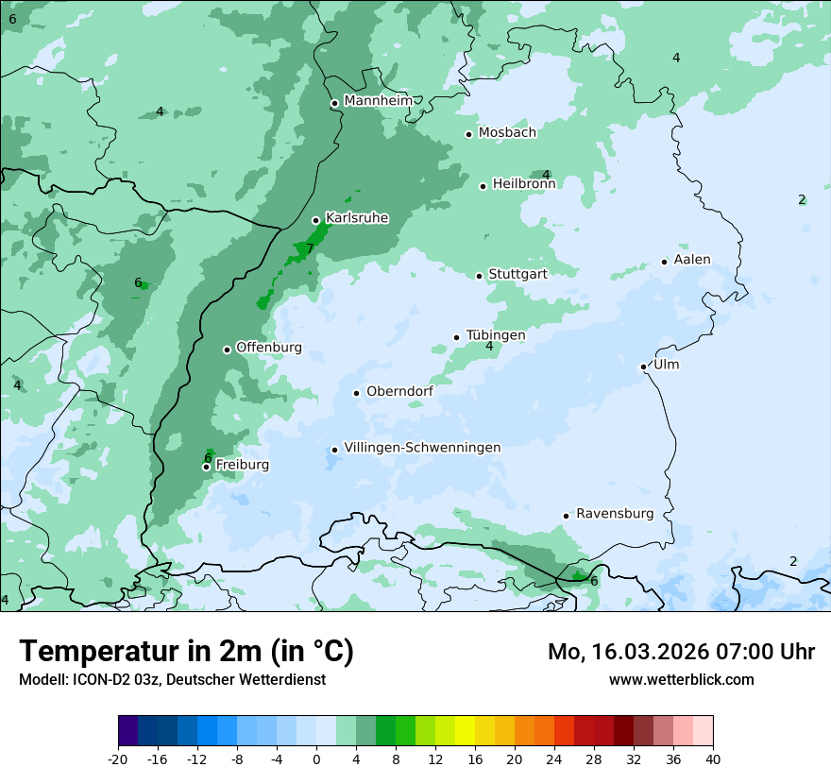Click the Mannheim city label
click(378, 101)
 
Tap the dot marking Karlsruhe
click(315, 220)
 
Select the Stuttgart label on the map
click(517, 274)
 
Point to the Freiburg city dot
click(206, 467)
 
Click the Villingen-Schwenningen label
click(422, 448)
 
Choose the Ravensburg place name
click(615, 514)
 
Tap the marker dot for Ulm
click(643, 366)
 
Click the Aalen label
click(692, 260)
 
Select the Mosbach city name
click(507, 133)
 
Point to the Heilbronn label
click(524, 184)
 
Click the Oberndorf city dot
click(356, 393)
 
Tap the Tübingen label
click(496, 335)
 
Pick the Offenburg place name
click(269, 348)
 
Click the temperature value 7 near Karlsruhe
click(310, 248)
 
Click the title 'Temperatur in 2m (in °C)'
click(186, 652)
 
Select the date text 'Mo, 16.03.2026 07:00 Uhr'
click(681, 652)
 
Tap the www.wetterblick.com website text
click(681, 679)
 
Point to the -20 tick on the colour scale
click(118, 759)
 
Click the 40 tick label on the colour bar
click(712, 759)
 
